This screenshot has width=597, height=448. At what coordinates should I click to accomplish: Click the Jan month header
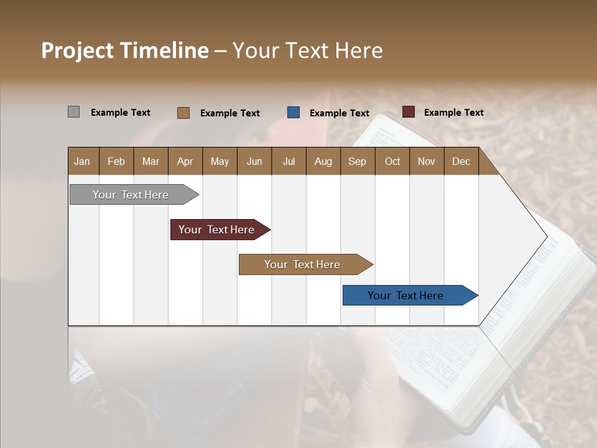point(82,161)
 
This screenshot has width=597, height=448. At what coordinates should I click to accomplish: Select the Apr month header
point(185,161)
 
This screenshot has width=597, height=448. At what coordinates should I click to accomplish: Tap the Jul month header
point(289,161)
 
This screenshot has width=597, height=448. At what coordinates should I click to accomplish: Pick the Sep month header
point(357,161)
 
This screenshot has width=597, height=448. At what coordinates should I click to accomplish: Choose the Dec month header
point(461,161)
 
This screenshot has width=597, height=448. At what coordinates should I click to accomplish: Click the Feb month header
point(116,161)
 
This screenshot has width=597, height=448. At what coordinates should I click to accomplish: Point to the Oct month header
point(392,161)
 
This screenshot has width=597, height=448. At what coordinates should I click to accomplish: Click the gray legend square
point(74,112)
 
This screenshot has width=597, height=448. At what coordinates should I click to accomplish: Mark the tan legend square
point(183,113)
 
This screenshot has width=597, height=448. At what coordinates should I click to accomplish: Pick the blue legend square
point(294,113)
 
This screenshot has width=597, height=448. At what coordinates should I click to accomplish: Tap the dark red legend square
point(409,112)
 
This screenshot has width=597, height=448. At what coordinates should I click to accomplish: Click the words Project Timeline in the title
point(125,50)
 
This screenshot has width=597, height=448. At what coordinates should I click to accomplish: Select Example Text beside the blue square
point(340,113)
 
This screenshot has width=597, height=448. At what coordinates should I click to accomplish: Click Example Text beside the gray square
point(121,113)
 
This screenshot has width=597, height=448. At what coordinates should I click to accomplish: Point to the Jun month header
point(254,161)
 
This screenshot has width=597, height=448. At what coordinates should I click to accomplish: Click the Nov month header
point(427,161)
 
